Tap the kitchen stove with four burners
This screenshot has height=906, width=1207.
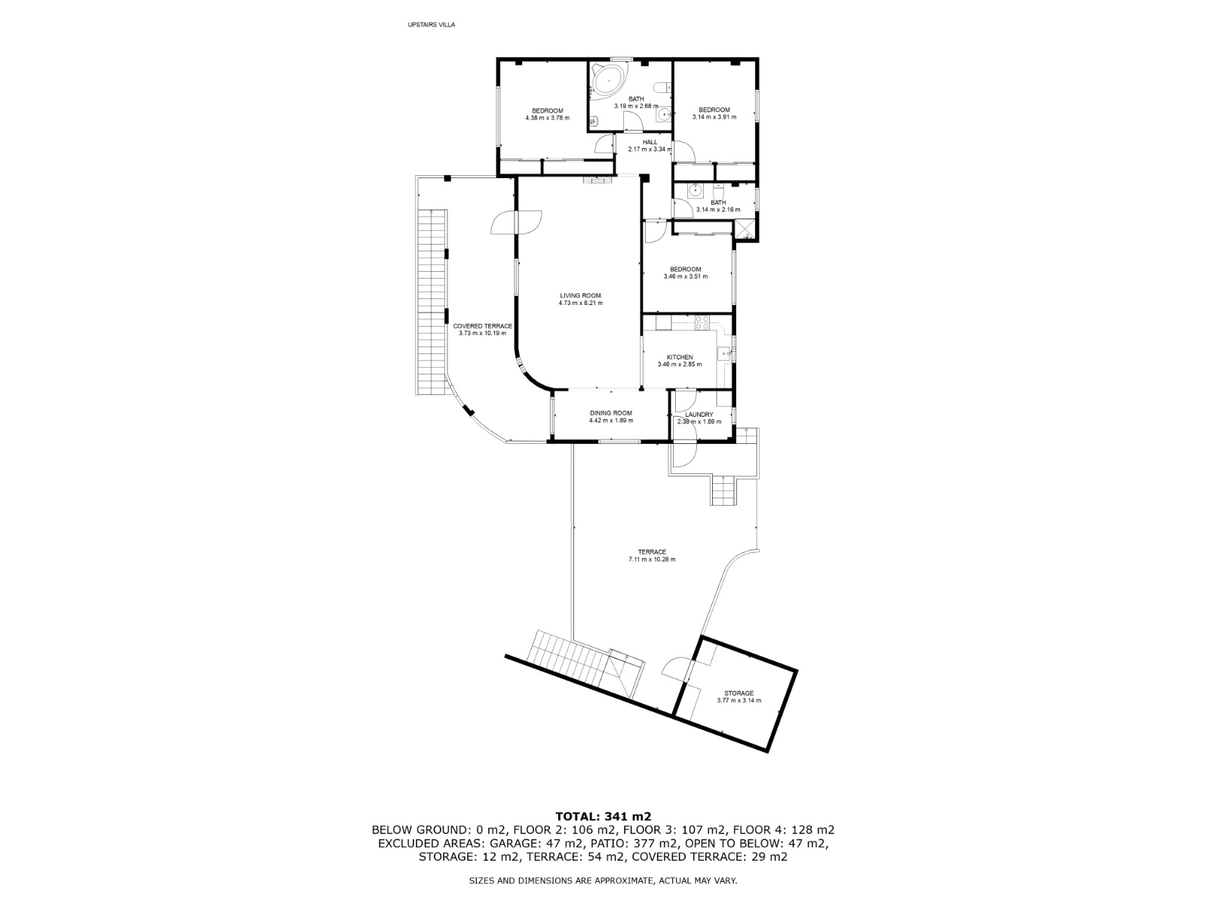[702, 321]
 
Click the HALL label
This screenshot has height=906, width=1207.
[650, 142]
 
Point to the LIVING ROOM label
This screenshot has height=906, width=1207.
[580, 295]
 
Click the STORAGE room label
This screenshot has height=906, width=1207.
[739, 693]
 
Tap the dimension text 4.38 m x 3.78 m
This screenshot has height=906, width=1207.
[547, 118]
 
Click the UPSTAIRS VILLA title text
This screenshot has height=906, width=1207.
[431, 25]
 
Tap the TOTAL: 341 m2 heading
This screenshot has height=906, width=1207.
[603, 816]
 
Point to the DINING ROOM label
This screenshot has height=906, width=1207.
[610, 413]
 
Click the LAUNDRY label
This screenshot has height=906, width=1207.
[699, 414]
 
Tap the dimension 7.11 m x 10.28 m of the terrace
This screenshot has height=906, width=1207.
[652, 559]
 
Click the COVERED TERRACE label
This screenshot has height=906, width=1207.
[482, 326]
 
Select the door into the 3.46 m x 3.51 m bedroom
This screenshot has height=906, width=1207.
[653, 232]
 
